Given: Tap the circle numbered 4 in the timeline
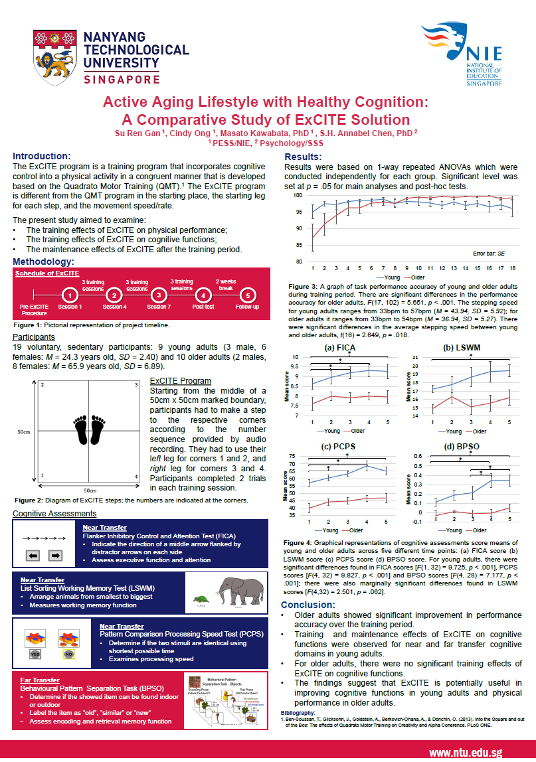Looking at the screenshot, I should pyautogui.click(x=203, y=295).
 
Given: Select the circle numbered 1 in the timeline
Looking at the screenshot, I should pyautogui.click(x=69, y=295).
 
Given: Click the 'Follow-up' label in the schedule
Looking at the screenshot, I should pyautogui.click(x=247, y=307).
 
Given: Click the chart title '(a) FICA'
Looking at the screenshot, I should pyautogui.click(x=339, y=348).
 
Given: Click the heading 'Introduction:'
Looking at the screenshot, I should pyautogui.click(x=42, y=155).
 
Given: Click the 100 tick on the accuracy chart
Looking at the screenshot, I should pyautogui.click(x=298, y=196).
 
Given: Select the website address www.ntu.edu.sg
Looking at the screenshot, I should pyautogui.click(x=465, y=752).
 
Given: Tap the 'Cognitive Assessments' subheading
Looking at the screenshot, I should pyautogui.click(x=54, y=513).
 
